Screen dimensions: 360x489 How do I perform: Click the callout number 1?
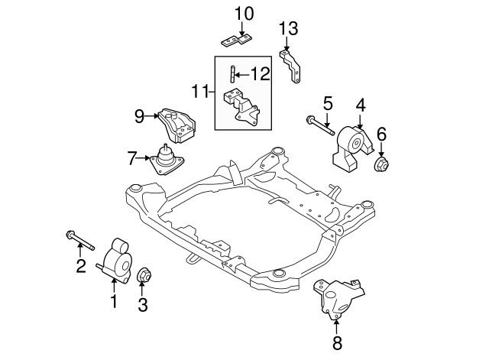click(114, 302)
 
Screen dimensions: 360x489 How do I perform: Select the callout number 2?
click(79, 266)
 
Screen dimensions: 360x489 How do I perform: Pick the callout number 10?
click(241, 13)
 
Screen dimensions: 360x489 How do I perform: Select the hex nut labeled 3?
click(141, 274)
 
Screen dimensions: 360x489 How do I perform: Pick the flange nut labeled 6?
click(381, 164)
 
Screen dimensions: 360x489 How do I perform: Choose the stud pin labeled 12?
click(230, 76)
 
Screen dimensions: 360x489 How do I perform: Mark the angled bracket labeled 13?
click(293, 67)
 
